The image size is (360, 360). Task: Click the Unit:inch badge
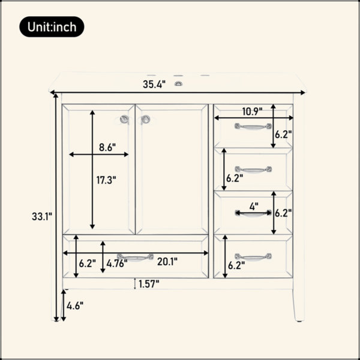pos(52,26)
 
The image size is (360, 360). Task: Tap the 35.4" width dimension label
pos(154,85)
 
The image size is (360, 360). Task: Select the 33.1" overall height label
pos(42,216)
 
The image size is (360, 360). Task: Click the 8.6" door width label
pos(107,147)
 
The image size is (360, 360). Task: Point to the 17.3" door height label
pos(106,180)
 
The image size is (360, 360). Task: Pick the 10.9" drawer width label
pos(253,112)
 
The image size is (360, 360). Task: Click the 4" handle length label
pos(254,206)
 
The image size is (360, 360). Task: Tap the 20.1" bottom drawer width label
pos(167,262)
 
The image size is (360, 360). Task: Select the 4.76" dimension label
pos(117,263)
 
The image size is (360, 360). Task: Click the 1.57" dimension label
pos(149,284)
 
